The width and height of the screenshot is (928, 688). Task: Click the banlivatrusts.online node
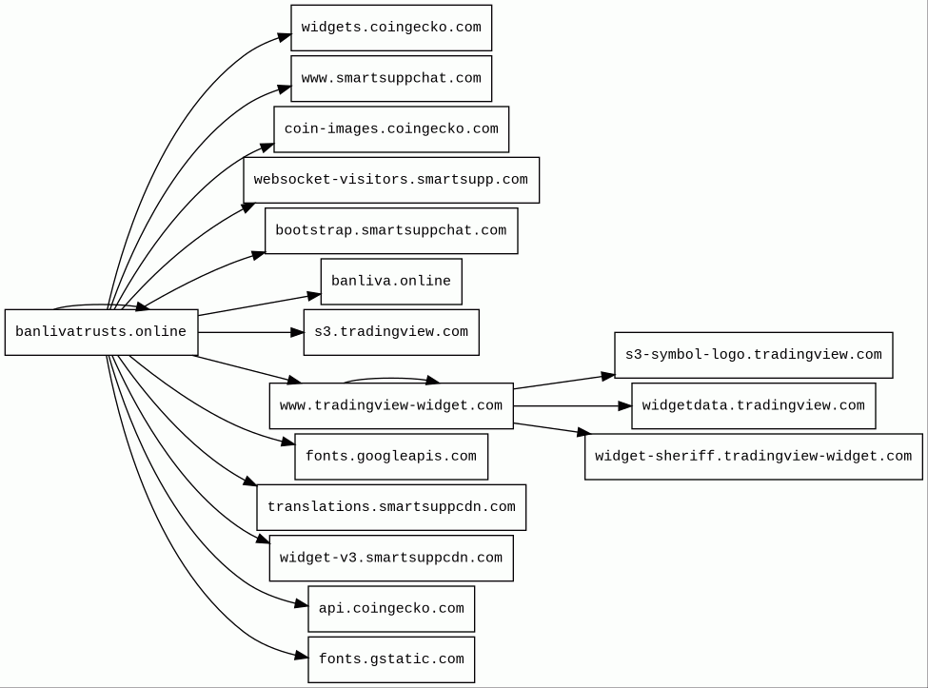coord(101,332)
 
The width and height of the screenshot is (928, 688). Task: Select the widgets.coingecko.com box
coord(391,28)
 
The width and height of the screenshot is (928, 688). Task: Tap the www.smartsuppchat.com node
coord(391,79)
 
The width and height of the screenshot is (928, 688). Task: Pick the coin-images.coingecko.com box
coord(391,129)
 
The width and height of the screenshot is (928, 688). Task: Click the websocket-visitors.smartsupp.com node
coord(391,180)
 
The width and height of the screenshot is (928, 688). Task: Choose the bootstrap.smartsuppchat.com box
coord(391,230)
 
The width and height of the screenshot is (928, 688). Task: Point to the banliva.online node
coord(391,282)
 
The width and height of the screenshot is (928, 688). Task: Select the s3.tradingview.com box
coord(391,332)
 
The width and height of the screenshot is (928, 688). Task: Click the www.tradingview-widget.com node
coord(391,405)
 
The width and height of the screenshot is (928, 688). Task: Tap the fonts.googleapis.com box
coord(391,457)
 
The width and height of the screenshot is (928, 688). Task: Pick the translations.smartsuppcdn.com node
coord(391,507)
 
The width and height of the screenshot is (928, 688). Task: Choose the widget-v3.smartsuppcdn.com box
coord(391,558)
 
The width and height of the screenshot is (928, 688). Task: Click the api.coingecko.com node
coord(391,609)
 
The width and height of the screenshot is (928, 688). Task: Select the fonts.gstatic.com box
coord(391,659)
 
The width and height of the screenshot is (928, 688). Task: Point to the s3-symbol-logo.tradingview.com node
coord(754,355)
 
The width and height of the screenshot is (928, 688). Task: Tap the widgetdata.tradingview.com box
coord(754,405)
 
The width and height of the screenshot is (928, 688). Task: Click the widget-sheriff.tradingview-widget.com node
coord(754,457)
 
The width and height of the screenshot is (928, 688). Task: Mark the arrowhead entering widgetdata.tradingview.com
coord(625,405)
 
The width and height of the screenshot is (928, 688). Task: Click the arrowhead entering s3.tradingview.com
coord(297,332)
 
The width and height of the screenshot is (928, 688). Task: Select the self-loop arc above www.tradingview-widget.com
coord(391,378)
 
